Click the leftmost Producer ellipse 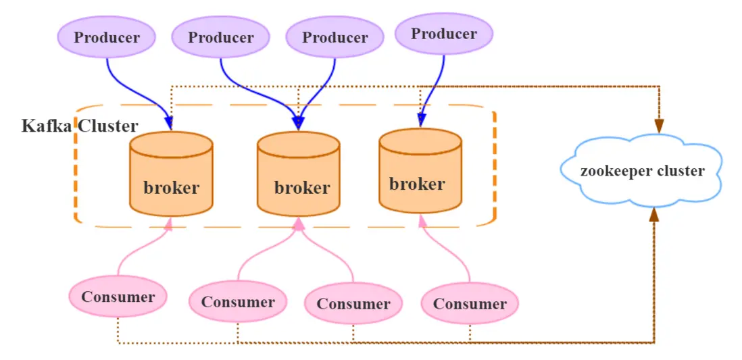(x=107, y=37)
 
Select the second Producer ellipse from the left (x=221, y=37)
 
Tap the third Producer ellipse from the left (x=335, y=37)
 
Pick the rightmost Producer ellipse (x=444, y=34)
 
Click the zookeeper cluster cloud (x=642, y=171)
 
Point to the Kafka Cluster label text (x=80, y=126)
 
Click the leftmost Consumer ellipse (x=118, y=297)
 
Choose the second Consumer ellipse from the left (x=238, y=302)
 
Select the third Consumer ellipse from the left (x=353, y=304)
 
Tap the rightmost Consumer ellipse (x=470, y=304)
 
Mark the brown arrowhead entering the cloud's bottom (x=653, y=215)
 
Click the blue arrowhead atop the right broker (x=421, y=120)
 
